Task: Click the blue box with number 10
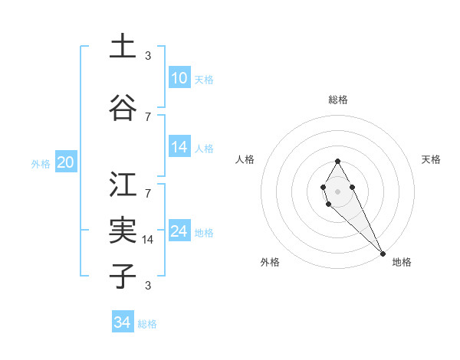[179, 78]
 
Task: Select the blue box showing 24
[179, 231]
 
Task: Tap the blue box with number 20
[66, 162]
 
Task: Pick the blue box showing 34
[123, 322]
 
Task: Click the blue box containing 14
[179, 147]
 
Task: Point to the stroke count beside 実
[149, 240]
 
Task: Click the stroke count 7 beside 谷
[148, 116]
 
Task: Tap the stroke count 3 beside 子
[148, 286]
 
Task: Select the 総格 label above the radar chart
[338, 100]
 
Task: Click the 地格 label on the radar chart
[402, 262]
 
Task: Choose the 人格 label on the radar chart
[245, 159]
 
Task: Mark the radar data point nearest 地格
[383, 254]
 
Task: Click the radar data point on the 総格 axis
[337, 161]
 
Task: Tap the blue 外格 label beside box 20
[41, 163]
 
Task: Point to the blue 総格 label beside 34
[147, 324]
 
